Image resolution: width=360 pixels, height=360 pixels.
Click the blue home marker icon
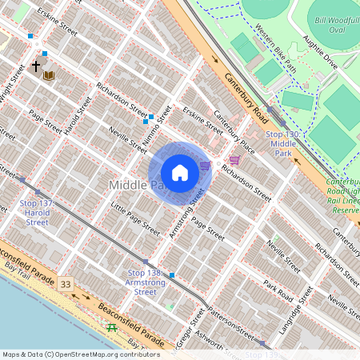[180, 173]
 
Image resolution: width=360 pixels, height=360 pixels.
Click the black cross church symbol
[35, 67]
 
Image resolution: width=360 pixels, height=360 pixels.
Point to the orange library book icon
[49, 76]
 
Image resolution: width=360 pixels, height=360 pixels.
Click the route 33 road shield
[65, 284]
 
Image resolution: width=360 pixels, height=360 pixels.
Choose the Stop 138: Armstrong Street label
[147, 282]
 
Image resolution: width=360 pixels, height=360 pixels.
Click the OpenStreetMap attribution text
[80, 354]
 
